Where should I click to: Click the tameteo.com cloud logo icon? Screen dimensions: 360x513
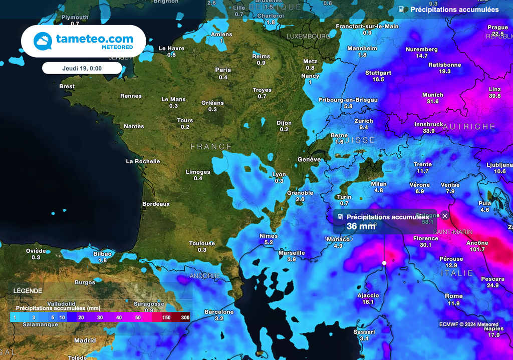[43, 41]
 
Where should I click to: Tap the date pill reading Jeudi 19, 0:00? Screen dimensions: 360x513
[82, 68]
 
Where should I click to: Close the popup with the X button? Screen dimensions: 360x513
[445, 216]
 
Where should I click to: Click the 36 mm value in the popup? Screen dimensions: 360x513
[361, 226]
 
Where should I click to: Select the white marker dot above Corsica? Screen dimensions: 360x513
[384, 263]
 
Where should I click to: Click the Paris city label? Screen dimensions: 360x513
[223, 70]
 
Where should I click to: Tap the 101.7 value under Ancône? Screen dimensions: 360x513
[477, 249]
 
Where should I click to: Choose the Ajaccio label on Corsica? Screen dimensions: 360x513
[368, 295]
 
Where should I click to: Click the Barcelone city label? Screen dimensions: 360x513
[219, 312]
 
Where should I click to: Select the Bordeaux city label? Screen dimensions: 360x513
[156, 204]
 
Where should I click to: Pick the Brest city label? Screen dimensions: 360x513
[67, 86]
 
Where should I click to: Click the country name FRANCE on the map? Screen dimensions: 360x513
[211, 147]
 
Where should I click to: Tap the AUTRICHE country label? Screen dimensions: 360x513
[468, 127]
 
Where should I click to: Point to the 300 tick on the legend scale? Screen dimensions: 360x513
[185, 317]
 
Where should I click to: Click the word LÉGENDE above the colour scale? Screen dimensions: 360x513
[28, 291]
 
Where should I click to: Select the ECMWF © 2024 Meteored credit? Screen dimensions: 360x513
[468, 324]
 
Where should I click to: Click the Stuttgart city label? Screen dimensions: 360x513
[378, 73]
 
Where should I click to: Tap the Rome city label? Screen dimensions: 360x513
[453, 296]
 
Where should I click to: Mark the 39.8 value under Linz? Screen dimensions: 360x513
[494, 96]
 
